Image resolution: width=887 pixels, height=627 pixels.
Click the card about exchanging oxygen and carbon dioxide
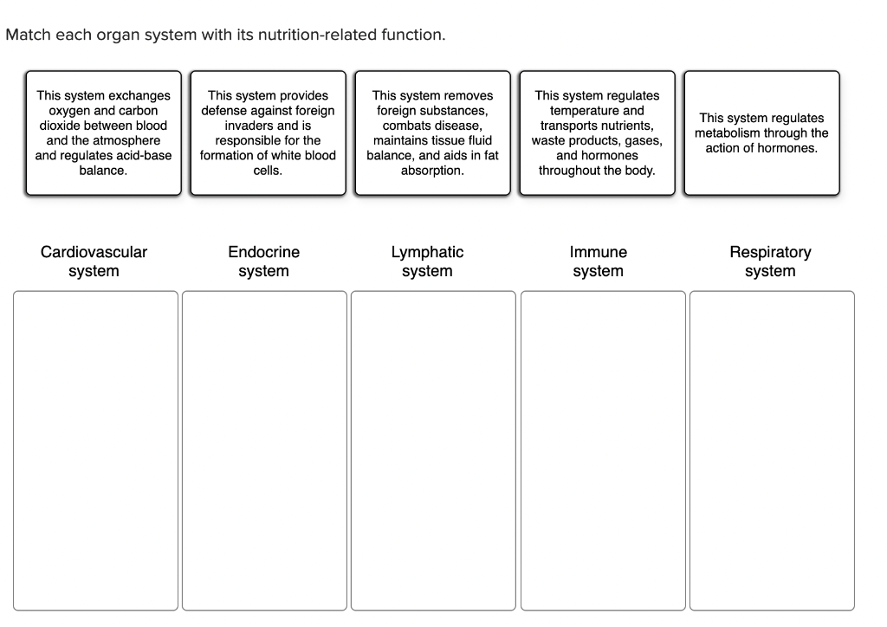103,133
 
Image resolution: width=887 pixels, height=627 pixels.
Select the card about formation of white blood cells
268,133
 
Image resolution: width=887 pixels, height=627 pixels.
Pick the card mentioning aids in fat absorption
432,133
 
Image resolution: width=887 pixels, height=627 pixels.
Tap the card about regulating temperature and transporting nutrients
597,133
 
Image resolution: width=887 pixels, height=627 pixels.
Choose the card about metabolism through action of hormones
761,133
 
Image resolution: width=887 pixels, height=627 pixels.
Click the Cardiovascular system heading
94,262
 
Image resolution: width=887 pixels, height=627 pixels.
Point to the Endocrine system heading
263,262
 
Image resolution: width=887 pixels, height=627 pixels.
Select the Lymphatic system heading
427,262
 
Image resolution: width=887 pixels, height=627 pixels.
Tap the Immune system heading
598,262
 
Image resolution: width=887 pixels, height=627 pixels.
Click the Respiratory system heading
770,262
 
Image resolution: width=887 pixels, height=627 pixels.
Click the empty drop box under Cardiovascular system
95,450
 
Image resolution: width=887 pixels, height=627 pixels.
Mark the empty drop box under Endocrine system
264,450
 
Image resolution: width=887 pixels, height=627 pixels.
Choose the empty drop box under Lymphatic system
432,450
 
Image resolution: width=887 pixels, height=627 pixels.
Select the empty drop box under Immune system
602,450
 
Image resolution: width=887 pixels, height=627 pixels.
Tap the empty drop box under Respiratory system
771,450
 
